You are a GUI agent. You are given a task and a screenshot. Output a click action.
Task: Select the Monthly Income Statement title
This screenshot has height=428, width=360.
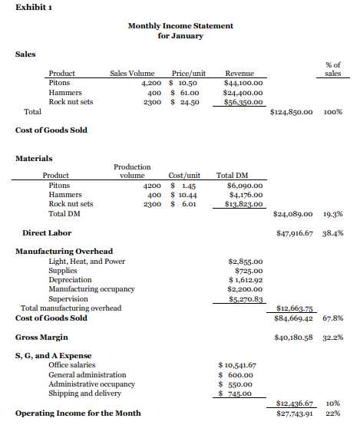coord(180,26)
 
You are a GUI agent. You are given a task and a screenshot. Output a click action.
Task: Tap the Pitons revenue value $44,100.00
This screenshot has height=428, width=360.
coord(244,82)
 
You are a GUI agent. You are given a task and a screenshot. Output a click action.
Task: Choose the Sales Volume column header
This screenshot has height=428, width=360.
coord(134,73)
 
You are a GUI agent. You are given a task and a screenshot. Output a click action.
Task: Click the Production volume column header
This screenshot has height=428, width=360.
coord(132,170)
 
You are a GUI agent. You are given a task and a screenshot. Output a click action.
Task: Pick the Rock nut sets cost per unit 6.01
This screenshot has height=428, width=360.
coord(189,204)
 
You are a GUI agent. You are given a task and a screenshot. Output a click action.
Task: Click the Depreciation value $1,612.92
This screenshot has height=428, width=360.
coord(247,280)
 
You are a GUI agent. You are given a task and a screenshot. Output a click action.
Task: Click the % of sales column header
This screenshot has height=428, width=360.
coord(332,69)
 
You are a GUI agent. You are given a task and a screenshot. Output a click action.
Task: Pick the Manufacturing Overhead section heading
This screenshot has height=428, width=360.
coord(64,251)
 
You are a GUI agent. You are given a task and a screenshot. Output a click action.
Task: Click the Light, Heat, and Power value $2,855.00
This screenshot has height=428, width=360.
coord(246,262)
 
